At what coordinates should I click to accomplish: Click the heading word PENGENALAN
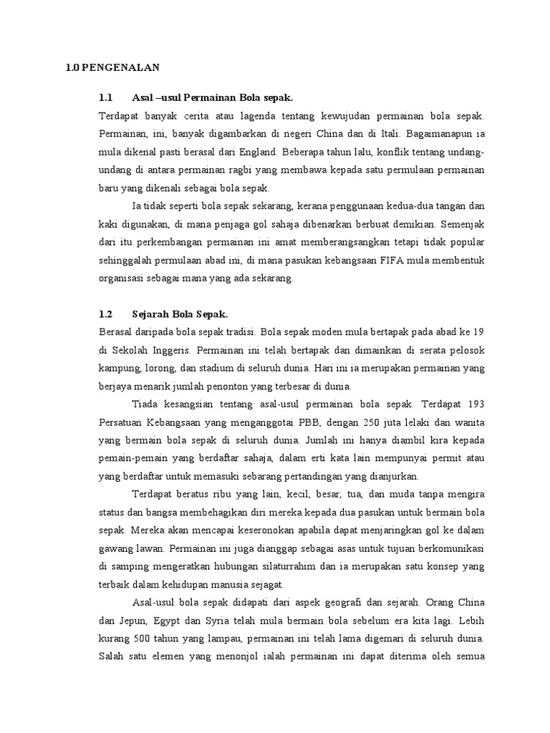(x=119, y=68)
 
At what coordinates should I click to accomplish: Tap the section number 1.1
(x=106, y=97)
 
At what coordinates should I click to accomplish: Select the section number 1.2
(x=106, y=314)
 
